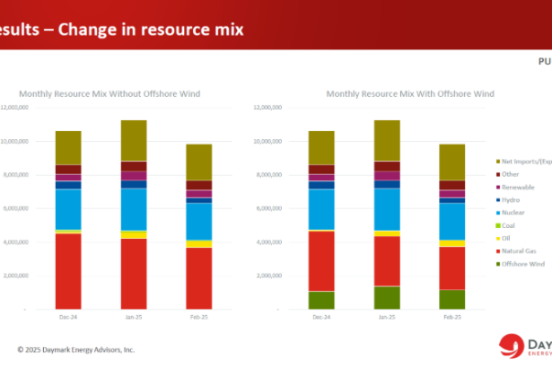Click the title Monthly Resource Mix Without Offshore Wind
[134, 93]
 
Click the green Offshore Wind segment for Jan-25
[387, 298]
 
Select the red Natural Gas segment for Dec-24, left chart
[68, 271]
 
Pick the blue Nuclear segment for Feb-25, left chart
[199, 221]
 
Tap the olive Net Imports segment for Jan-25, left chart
[134, 140]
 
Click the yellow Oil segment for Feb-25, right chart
[451, 242]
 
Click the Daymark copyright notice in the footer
[76, 349]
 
